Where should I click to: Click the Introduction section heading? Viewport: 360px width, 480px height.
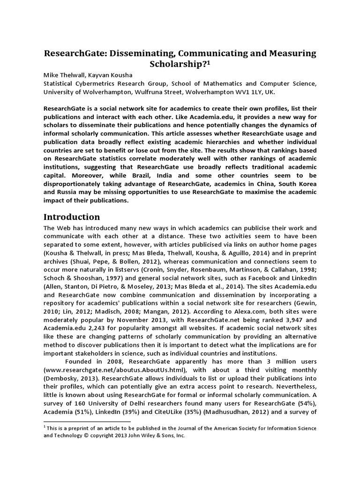72,217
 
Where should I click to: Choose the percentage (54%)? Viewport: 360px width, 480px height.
306,405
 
